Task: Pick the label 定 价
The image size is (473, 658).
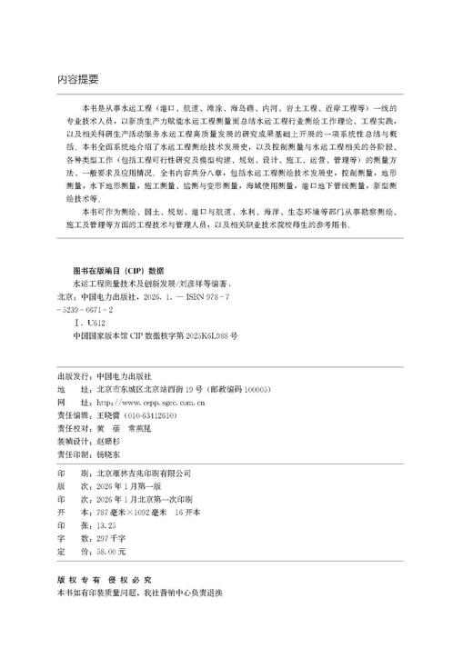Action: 68,551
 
